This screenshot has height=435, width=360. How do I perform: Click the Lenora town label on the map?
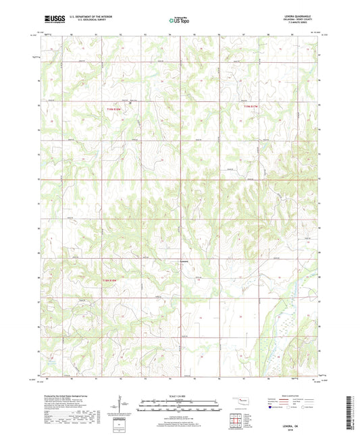point(183,262)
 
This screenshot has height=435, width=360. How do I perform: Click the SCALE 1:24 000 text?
point(179,396)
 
